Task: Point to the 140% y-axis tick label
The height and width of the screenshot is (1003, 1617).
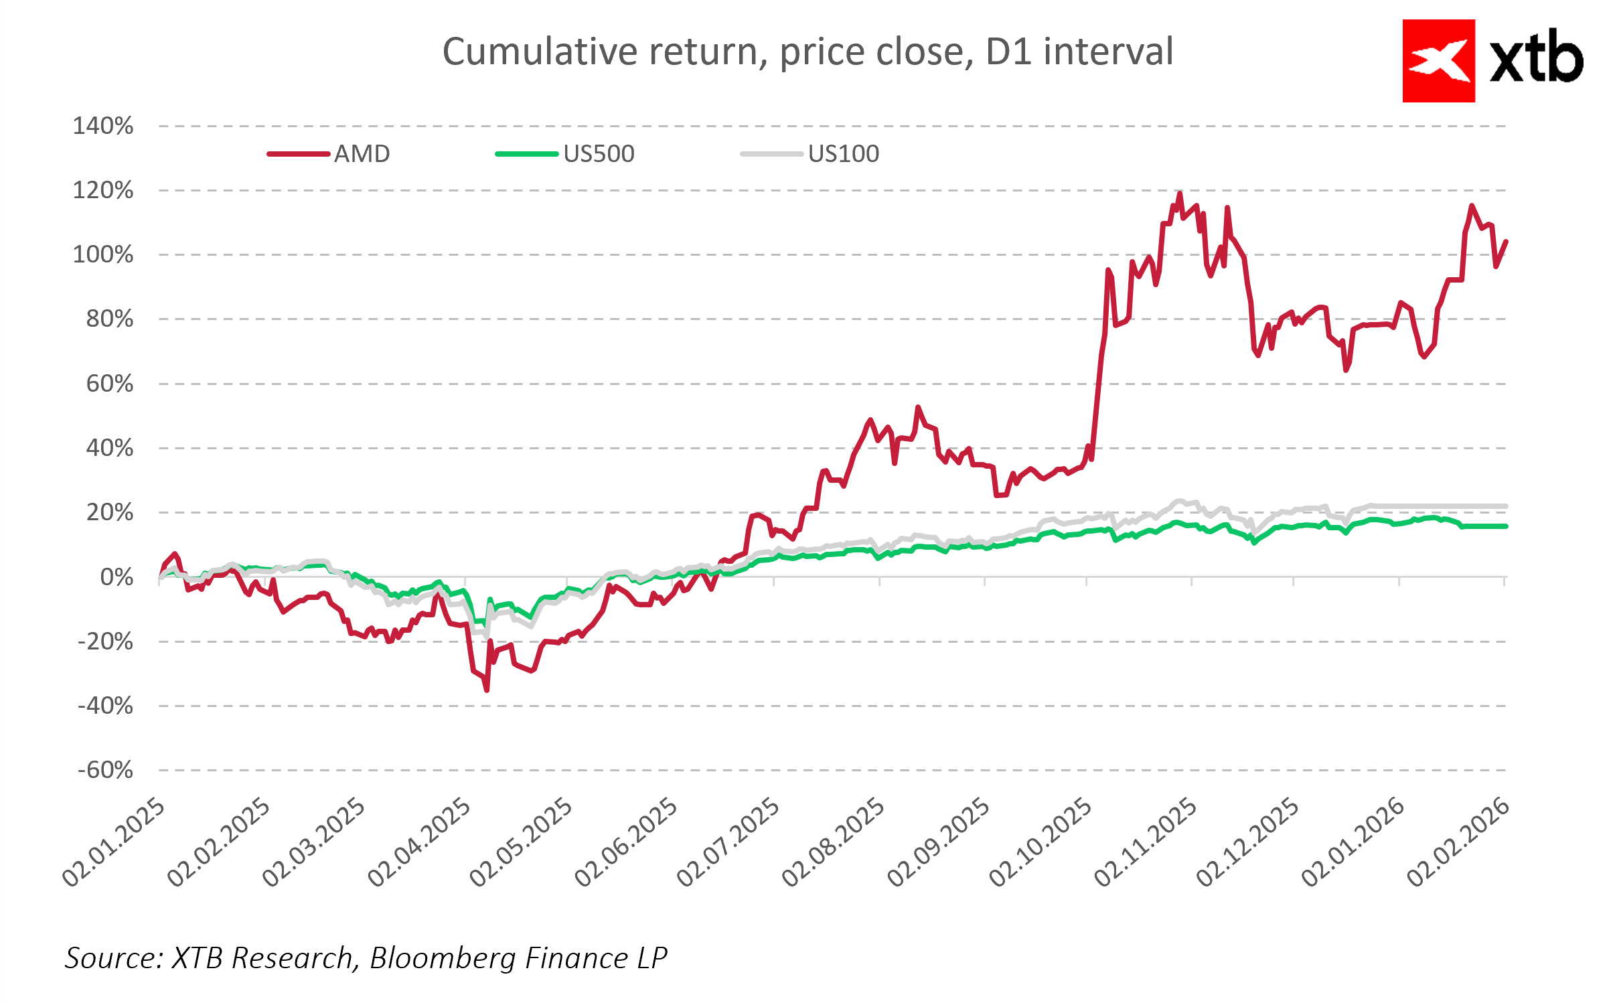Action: (103, 126)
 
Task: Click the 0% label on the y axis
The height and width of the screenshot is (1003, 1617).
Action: (117, 576)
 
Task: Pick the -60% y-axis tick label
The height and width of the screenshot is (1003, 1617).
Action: (106, 770)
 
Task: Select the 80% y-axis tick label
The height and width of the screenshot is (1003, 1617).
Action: (110, 319)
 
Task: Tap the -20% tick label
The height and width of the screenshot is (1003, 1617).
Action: (106, 641)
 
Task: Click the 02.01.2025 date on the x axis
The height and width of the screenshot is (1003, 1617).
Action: (114, 842)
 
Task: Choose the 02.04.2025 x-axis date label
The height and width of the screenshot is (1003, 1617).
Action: (420, 842)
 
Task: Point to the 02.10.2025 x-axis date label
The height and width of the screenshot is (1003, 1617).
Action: (1041, 842)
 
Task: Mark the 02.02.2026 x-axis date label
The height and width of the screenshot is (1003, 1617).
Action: (1458, 842)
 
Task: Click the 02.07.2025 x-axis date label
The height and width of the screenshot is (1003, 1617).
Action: (728, 842)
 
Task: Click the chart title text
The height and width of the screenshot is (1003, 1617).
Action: (807, 52)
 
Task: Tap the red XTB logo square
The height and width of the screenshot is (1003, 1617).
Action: (1438, 61)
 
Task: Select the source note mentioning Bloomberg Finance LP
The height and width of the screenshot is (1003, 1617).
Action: (366, 957)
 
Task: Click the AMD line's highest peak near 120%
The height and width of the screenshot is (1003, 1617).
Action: (1179, 194)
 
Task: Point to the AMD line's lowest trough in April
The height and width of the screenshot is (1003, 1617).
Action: (487, 690)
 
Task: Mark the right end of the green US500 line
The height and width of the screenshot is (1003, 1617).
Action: (1505, 526)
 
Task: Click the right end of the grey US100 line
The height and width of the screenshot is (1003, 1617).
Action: (1505, 506)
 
